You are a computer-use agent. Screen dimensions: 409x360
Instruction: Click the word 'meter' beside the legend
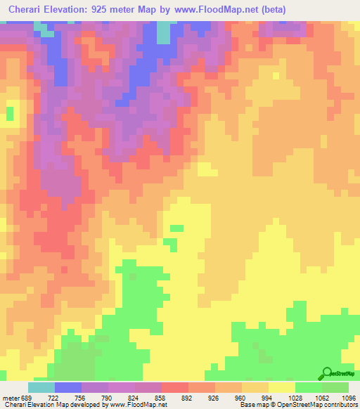click(x=10, y=397)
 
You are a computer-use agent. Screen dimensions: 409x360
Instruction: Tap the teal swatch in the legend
click(x=41, y=387)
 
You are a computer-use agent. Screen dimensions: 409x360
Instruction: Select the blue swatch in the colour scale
click(x=68, y=387)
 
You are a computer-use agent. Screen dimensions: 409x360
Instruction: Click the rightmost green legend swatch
click(x=335, y=387)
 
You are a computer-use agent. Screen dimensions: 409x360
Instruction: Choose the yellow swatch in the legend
click(x=282, y=387)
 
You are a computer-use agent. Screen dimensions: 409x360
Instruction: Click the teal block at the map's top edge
click(x=163, y=32)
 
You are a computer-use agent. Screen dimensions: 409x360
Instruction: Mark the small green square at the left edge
click(x=10, y=112)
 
